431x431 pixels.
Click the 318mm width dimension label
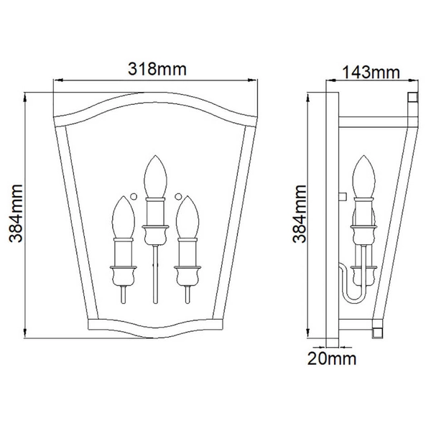[x=157, y=69]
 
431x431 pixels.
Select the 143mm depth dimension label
[x=371, y=73]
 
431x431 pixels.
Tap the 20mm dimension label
[x=332, y=358]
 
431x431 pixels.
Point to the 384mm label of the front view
[x=15, y=213]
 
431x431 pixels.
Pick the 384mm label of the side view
[x=299, y=214]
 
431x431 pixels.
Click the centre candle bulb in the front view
[x=155, y=177]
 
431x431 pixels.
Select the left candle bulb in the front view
[x=124, y=217]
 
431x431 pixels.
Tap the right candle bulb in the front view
[x=187, y=217]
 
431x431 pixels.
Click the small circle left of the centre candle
[x=134, y=196]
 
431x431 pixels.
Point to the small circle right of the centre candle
[x=178, y=196]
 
